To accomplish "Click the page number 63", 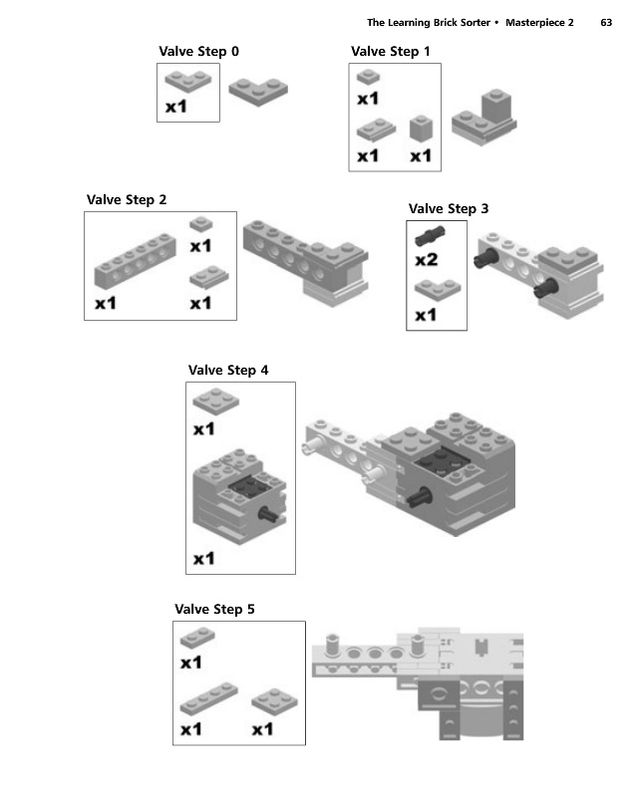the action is [606, 22].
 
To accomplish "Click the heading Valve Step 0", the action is [198, 52].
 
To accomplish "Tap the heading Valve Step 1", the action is [390, 52].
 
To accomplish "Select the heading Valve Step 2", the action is [127, 200].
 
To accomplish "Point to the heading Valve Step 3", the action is [449, 209].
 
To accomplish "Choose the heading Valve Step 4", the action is [228, 370].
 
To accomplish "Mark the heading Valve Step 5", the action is [214, 609].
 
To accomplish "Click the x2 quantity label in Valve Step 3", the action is [427, 260].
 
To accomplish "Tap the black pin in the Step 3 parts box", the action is [431, 236].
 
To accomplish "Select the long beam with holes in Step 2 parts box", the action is [136, 261].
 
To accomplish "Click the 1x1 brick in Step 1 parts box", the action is [422, 128].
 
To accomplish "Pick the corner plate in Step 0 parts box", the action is [187, 82].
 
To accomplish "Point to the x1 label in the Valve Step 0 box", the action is [176, 107].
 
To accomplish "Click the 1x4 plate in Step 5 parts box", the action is [208, 698].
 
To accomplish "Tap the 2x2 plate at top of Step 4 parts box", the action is [215, 401].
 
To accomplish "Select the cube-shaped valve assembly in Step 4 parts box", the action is [239, 496].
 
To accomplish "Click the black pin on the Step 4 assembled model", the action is [418, 497].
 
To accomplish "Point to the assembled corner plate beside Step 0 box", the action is [258, 92].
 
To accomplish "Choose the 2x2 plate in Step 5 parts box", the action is [275, 702].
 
